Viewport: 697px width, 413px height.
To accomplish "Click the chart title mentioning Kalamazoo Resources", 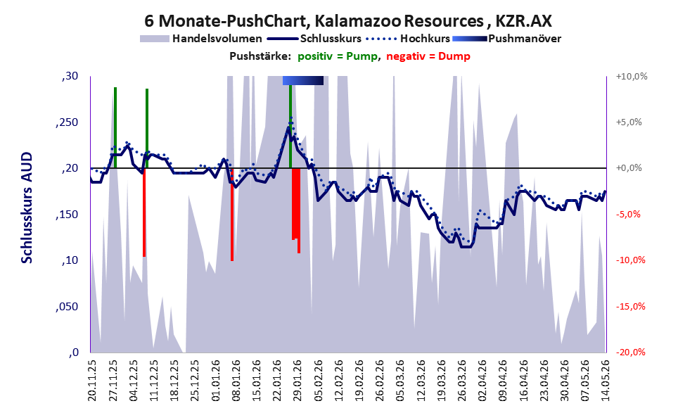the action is coord(348,20).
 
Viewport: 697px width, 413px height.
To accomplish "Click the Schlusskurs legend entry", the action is coord(314,39).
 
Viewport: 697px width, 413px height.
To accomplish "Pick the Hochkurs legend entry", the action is coord(408,39).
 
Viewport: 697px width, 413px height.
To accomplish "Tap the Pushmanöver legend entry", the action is coord(506,39).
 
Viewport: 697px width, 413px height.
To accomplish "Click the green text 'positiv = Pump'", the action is coord(338,56).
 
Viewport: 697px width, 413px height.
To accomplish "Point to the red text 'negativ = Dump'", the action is coord(428,56).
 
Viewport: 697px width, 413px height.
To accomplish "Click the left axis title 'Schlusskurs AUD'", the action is coord(27,208).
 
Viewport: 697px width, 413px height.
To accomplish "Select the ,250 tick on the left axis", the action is coord(67,122).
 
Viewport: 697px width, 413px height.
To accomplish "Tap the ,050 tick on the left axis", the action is coord(67,307).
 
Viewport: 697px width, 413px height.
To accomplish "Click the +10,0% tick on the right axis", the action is coord(632,77).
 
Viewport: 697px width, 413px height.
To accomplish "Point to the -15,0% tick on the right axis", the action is coord(631,307).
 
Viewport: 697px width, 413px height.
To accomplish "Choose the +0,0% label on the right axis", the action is coord(629,168).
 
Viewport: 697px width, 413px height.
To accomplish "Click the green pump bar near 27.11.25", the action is coord(115,127).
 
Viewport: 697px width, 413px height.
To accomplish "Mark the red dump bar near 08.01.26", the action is coord(232,215).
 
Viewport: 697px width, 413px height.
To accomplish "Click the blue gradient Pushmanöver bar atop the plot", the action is coord(303,80).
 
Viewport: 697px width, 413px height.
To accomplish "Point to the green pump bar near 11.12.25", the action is coord(147,128).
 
